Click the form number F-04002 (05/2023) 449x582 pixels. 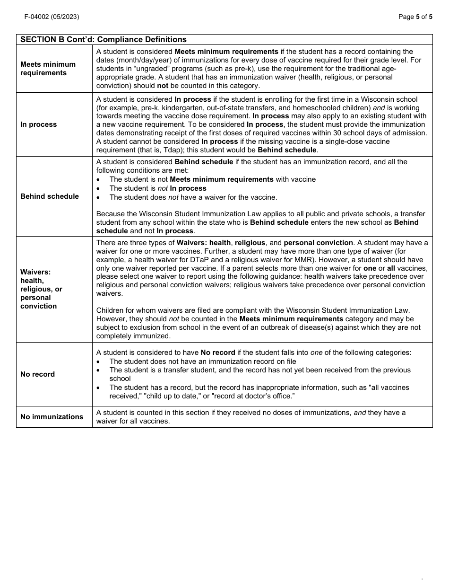(52, 17)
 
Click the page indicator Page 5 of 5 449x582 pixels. (415, 17)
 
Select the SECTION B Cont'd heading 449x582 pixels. (104, 40)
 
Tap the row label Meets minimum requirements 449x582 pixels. (48, 69)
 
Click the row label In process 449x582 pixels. (38, 124)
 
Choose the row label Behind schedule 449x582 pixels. (50, 196)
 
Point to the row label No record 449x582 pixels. (37, 374)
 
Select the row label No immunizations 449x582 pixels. (52, 417)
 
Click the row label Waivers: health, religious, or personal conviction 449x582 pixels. (41, 289)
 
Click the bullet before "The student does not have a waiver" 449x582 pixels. (98, 197)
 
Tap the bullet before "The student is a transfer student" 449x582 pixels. (98, 370)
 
